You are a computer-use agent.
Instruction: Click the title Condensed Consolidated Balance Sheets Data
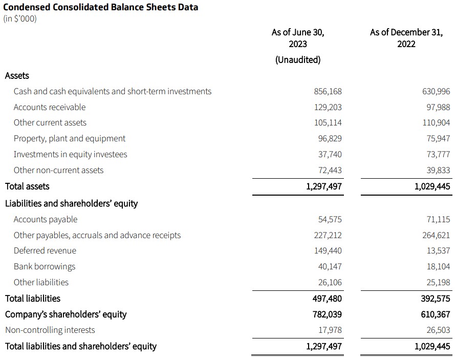[x=101, y=7]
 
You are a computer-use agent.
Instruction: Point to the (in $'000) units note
[x=20, y=19]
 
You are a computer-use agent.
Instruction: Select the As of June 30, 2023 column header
[x=298, y=38]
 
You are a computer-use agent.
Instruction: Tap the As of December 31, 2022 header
[x=406, y=38]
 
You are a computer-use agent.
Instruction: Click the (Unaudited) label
[x=298, y=59]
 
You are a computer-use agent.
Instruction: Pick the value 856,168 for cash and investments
[x=328, y=92]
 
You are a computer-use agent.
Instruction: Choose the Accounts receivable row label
[x=50, y=107]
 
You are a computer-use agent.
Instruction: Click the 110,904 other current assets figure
[x=436, y=123]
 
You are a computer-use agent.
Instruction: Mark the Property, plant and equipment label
[x=70, y=138]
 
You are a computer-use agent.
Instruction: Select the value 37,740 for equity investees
[x=330, y=154]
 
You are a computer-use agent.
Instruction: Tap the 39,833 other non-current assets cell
[x=438, y=170]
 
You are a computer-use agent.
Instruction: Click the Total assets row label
[x=27, y=186]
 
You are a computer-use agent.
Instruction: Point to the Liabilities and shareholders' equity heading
[x=71, y=203]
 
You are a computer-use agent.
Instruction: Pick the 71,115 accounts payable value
[x=438, y=219]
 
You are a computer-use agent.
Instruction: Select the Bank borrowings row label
[x=45, y=266]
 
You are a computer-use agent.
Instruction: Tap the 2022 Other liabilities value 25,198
[x=438, y=282]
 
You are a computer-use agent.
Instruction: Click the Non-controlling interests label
[x=50, y=330]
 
